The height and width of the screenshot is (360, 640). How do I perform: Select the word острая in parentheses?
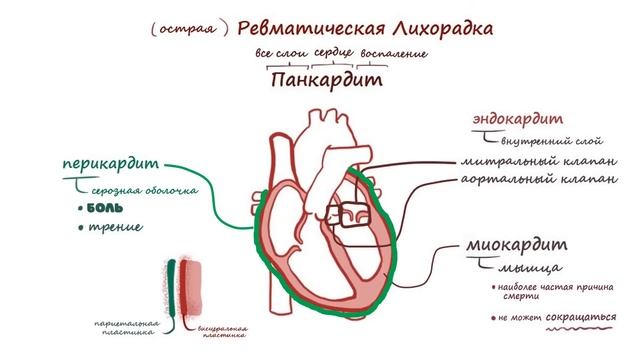(183, 29)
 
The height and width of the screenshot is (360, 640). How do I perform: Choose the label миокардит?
(516, 245)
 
